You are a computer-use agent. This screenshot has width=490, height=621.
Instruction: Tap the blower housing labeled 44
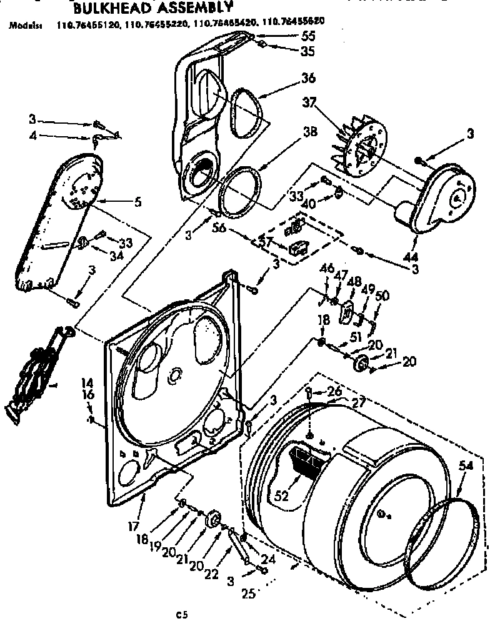(x=437, y=194)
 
